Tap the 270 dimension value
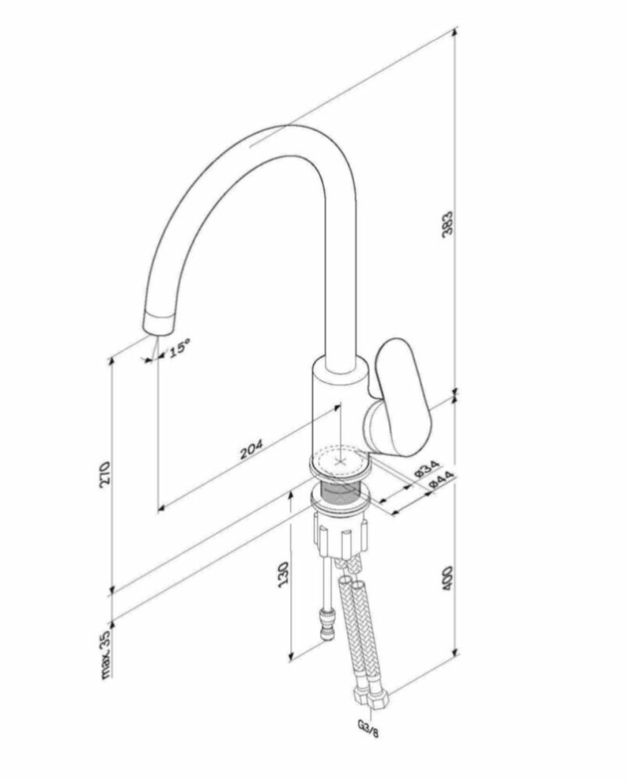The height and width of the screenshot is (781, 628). pyautogui.click(x=106, y=474)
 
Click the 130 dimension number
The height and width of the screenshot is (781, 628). pyautogui.click(x=284, y=576)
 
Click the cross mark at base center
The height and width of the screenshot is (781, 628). pyautogui.click(x=339, y=462)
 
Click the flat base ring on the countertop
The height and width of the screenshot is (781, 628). pyautogui.click(x=340, y=464)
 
